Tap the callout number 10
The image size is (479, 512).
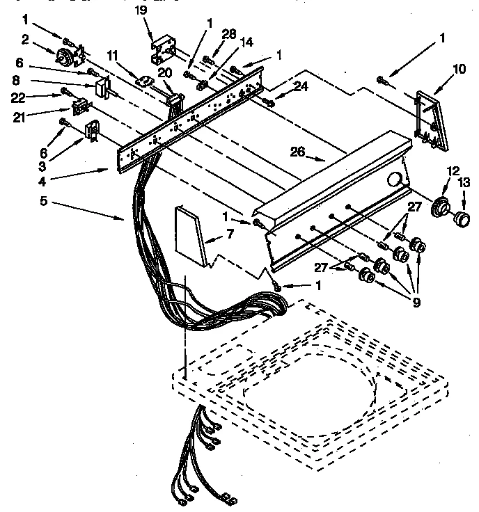[460, 69]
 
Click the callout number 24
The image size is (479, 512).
[300, 86]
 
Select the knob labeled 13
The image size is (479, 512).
[459, 220]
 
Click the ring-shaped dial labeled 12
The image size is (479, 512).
[440, 207]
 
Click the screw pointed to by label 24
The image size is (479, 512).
[269, 102]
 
